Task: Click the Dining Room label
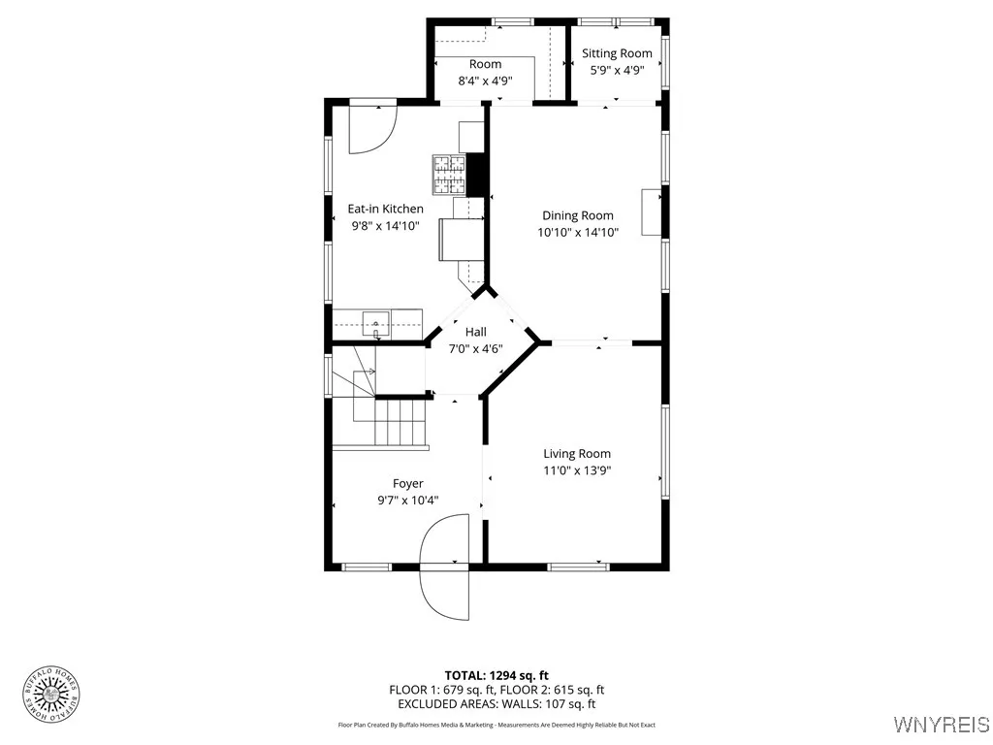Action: pyautogui.click(x=577, y=215)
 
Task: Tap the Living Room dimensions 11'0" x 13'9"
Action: pyautogui.click(x=577, y=470)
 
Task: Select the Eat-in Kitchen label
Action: pyautogui.click(x=386, y=209)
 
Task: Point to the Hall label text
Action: pyautogui.click(x=475, y=332)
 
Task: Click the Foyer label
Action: pyautogui.click(x=407, y=483)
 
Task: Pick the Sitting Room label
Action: pyautogui.click(x=617, y=53)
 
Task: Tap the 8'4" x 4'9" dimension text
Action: pyautogui.click(x=485, y=81)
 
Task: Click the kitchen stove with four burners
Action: pyautogui.click(x=448, y=176)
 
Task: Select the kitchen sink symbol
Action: pyautogui.click(x=376, y=321)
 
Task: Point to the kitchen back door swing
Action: pyautogui.click(x=372, y=128)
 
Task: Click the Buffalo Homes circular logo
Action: pyautogui.click(x=51, y=692)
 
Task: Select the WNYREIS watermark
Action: pyautogui.click(x=941, y=725)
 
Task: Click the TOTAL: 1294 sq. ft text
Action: pyautogui.click(x=496, y=675)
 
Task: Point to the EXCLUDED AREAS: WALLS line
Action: pyautogui.click(x=496, y=704)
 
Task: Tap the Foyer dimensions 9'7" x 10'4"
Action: pyautogui.click(x=407, y=501)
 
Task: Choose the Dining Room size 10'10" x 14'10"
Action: pyautogui.click(x=577, y=232)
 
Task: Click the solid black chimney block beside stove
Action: pyautogui.click(x=475, y=175)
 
